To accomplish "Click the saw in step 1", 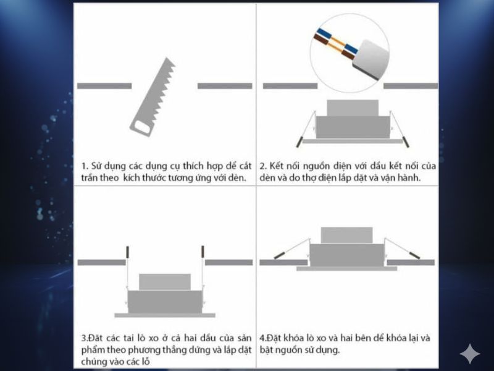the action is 153,97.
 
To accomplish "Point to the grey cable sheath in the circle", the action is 371,59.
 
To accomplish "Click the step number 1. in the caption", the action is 85,166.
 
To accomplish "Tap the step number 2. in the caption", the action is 263,166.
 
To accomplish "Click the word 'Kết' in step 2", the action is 277,166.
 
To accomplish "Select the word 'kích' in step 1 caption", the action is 131,177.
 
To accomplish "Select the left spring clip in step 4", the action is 291,249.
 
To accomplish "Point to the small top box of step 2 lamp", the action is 353,108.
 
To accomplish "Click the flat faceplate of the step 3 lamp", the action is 165,315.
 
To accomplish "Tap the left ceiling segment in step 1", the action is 104,86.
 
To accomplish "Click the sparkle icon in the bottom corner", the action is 470,354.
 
